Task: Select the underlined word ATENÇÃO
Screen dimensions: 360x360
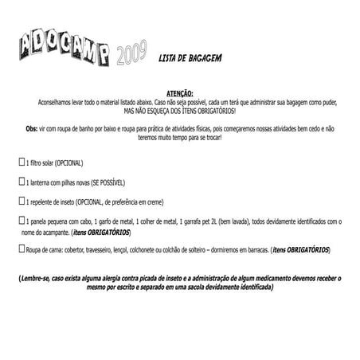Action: point(180,93)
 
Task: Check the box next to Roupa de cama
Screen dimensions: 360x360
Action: point(22,248)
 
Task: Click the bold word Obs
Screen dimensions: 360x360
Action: point(32,127)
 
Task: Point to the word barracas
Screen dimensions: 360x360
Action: point(252,250)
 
